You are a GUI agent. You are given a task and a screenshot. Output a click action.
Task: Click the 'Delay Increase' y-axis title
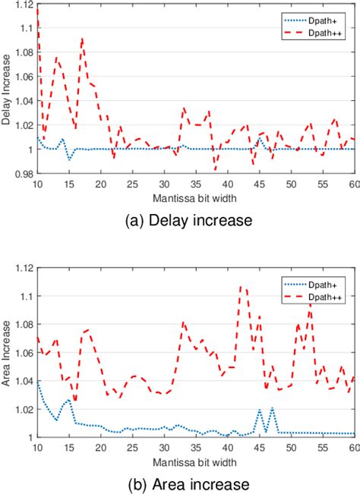pyautogui.click(x=8, y=89)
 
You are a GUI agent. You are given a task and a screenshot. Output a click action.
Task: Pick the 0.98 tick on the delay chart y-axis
pyautogui.click(x=24, y=174)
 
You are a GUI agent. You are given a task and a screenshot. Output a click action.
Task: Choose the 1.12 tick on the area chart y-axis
pyautogui.click(x=24, y=269)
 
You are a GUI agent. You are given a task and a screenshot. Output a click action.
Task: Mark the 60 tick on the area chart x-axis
pyautogui.click(x=354, y=446)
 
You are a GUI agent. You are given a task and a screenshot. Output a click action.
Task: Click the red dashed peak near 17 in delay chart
pyautogui.click(x=82, y=39)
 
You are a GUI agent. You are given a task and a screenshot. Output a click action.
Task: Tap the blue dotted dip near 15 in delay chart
pyautogui.click(x=69, y=159)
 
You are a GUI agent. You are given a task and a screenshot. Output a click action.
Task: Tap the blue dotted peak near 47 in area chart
pyautogui.click(x=272, y=408)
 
